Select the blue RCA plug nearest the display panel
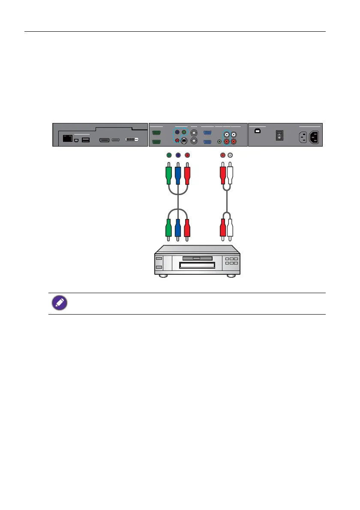[178, 175]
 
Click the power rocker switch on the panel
[279, 135]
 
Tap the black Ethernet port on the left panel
[67, 138]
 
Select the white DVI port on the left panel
[132, 140]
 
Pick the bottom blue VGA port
[207, 141]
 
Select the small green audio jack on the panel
[219, 141]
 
